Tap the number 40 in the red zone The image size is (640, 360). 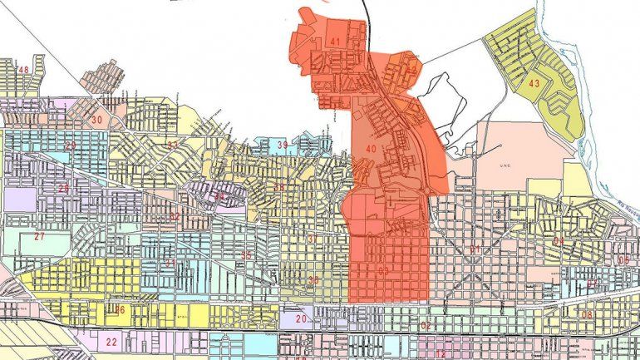(x=370, y=149)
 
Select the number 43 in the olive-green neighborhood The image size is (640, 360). (x=534, y=83)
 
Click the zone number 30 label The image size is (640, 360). (x=96, y=120)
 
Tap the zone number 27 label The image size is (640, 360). (x=39, y=236)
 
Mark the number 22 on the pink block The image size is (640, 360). (x=111, y=342)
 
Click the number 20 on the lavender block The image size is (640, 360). (x=301, y=319)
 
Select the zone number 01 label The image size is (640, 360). (x=475, y=250)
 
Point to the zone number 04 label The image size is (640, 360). (x=559, y=241)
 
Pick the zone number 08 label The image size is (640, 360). (x=587, y=314)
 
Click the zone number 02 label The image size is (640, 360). (x=426, y=325)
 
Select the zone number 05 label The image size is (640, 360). (x=623, y=259)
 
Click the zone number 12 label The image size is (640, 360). (x=441, y=353)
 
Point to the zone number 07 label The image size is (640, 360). (x=592, y=285)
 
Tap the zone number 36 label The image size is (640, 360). (x=313, y=281)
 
